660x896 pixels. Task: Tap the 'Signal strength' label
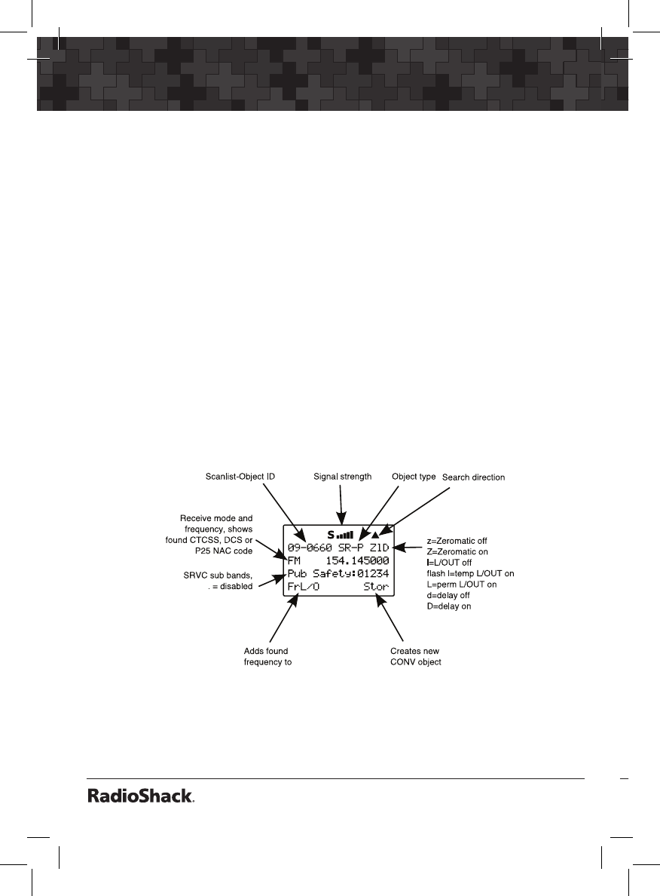click(x=342, y=477)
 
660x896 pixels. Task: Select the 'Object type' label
click(x=414, y=477)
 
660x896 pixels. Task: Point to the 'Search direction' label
click(x=473, y=477)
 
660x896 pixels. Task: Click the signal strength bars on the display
click(x=345, y=535)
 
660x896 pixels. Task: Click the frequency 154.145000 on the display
click(x=357, y=561)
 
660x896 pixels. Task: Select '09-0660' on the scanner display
click(x=310, y=548)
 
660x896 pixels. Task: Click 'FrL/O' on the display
click(x=304, y=587)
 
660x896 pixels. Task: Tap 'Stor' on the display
click(x=375, y=587)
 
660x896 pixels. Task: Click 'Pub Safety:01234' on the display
click(x=338, y=574)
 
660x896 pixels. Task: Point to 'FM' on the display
click(x=295, y=561)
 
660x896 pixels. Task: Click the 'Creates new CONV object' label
click(x=415, y=656)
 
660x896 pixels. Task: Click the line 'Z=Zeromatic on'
click(x=457, y=552)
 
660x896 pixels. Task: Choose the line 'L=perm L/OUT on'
click(x=462, y=585)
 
